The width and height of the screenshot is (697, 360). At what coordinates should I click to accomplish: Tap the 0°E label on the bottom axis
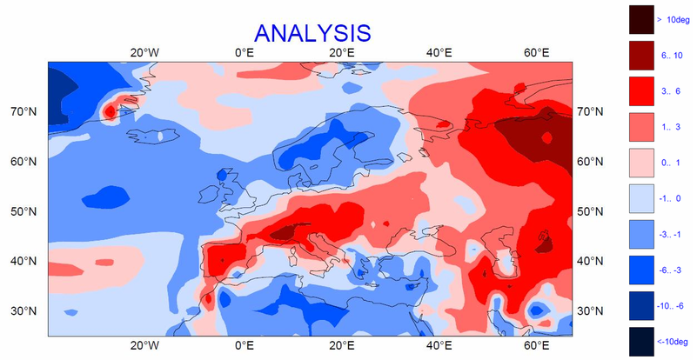[245, 345]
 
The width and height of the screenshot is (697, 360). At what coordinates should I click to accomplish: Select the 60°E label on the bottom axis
[536, 345]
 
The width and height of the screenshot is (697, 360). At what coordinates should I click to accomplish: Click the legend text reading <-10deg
[675, 341]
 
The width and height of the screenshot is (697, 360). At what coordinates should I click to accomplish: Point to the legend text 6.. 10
[673, 55]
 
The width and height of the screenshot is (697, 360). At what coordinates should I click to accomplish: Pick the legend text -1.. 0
[672, 198]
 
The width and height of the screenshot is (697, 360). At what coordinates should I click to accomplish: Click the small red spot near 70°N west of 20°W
[111, 111]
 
